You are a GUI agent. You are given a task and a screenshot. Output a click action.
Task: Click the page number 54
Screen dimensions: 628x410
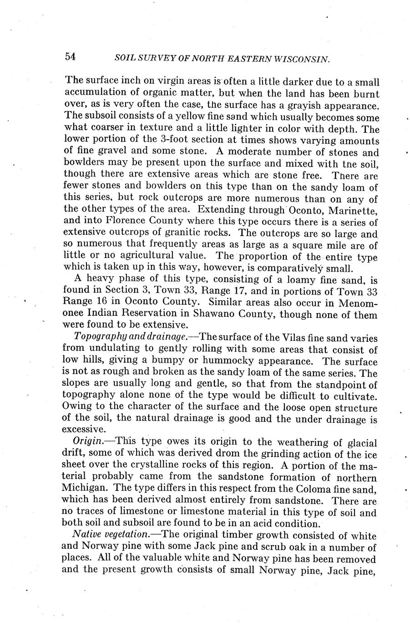[70, 56]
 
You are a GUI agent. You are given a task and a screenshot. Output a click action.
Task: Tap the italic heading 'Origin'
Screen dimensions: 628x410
[86, 442]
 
